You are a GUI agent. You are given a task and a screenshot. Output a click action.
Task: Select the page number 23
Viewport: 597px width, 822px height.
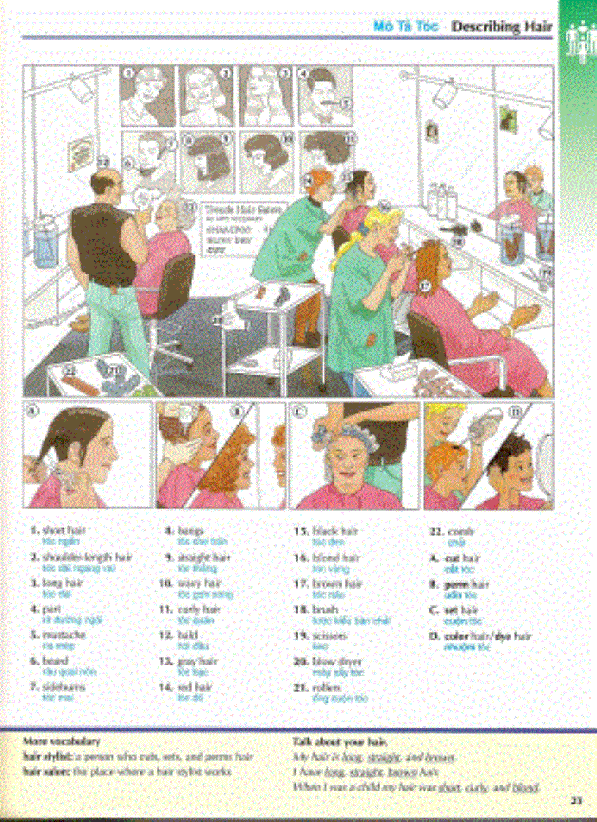point(576,801)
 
